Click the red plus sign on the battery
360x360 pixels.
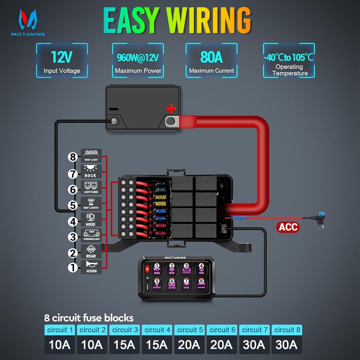[x=171, y=108]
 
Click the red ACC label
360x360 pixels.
[x=288, y=227]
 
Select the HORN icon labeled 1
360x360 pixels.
[x=91, y=267]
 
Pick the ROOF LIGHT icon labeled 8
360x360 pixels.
[x=91, y=155]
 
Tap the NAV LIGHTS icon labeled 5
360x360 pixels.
[x=91, y=204]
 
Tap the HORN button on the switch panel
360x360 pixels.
[x=157, y=269]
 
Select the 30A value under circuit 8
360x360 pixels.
[x=287, y=345]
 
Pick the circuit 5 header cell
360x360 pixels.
[x=189, y=330]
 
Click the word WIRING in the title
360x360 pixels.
[x=209, y=20]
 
